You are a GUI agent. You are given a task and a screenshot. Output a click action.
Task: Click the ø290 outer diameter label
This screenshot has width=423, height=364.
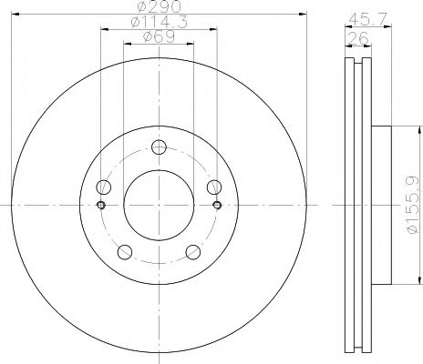159,7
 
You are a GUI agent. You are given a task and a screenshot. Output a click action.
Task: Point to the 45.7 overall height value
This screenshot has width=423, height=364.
364,18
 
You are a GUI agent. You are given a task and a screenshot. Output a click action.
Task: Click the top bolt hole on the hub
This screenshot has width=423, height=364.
159,148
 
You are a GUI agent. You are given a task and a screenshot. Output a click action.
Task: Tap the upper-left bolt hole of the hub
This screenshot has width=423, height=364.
104,187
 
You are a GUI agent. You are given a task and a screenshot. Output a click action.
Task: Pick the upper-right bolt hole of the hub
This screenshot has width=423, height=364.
214,187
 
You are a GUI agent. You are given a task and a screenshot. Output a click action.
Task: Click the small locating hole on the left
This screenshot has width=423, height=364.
101,204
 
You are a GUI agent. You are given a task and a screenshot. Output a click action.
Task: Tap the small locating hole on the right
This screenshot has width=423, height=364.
217,204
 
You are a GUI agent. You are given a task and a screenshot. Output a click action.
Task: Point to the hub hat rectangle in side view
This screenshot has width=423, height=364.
381,206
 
